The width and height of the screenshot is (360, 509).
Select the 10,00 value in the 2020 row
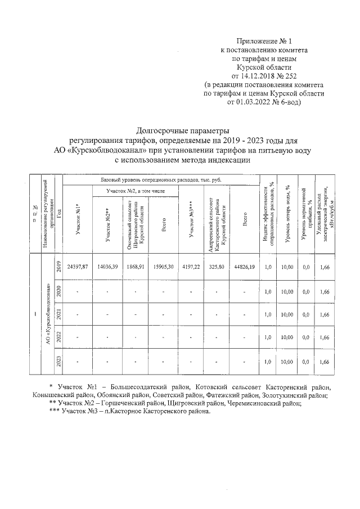pyautogui.click(x=287, y=291)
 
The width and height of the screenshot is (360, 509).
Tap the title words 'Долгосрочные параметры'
pyautogui.click(x=184, y=130)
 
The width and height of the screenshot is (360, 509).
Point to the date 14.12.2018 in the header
pyautogui.click(x=259, y=75)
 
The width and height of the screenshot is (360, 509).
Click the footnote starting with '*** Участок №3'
pyautogui.click(x=130, y=411)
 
